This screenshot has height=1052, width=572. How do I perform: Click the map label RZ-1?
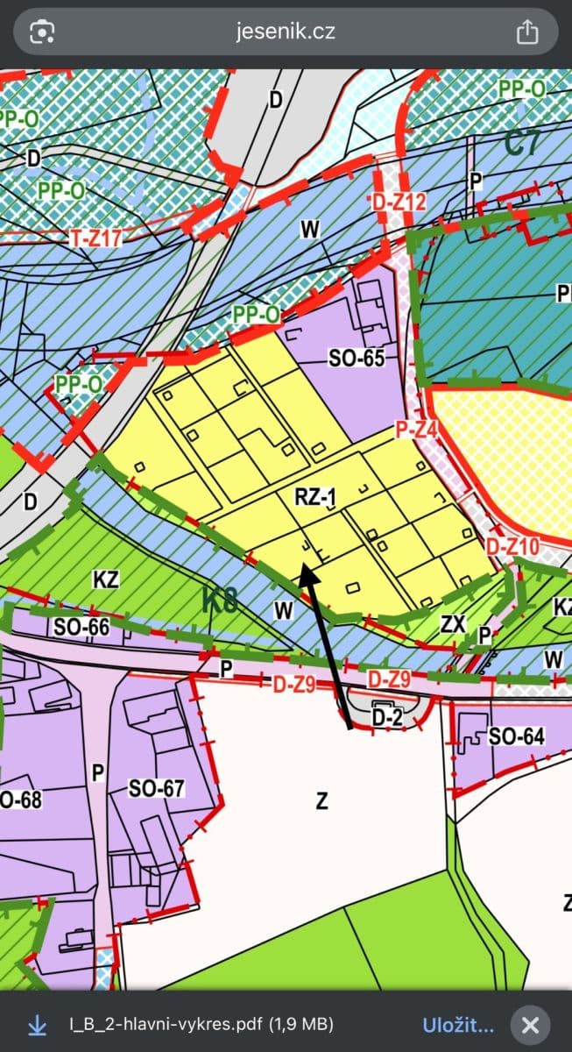pyautogui.click(x=316, y=498)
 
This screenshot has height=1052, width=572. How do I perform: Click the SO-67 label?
pyautogui.click(x=157, y=788)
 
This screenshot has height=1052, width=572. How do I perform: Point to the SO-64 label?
pyautogui.click(x=517, y=736)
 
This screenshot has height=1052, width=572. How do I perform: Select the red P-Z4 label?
pyautogui.click(x=417, y=430)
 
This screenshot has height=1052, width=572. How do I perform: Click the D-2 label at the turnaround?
pyautogui.click(x=386, y=718)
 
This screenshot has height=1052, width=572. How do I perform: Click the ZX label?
pyautogui.click(x=453, y=624)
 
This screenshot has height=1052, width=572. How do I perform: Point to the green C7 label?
pyautogui.click(x=522, y=143)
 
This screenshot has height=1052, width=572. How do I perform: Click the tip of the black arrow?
pyautogui.click(x=303, y=566)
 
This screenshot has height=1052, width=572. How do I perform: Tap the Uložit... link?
pyautogui.click(x=458, y=1024)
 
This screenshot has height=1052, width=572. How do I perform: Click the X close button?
pyautogui.click(x=530, y=1024)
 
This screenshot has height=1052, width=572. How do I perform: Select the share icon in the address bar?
pyautogui.click(x=526, y=32)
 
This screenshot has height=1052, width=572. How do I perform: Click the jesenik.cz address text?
pyautogui.click(x=286, y=32)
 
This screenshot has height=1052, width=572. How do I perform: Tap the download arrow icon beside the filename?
pyautogui.click(x=37, y=1024)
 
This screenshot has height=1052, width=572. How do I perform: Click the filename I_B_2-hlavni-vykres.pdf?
pyautogui.click(x=166, y=1024)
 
